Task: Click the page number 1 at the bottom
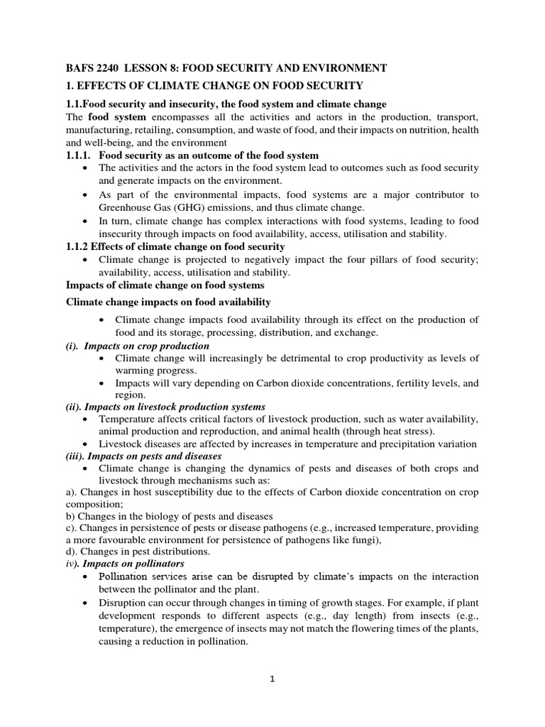pyautogui.click(x=272, y=679)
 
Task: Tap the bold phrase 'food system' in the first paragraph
pyautogui.click(x=116, y=116)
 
